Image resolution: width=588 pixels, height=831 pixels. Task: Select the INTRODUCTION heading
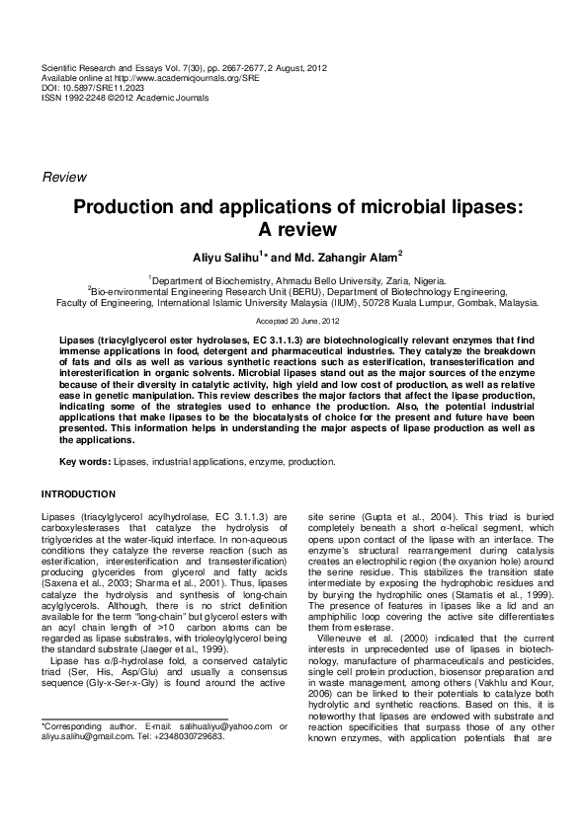point(78,493)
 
